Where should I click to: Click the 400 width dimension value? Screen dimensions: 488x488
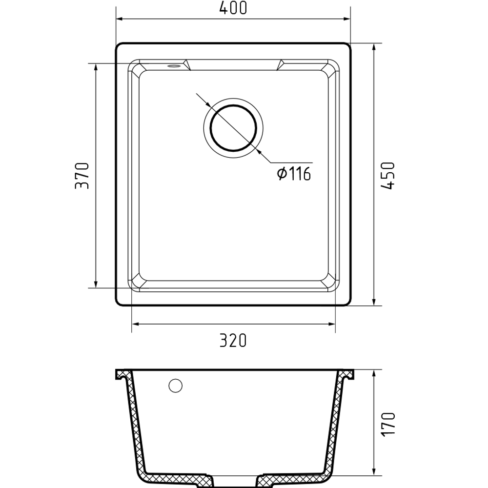(233, 8)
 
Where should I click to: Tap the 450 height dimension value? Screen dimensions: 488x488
(388, 176)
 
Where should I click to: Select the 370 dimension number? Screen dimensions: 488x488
(82, 176)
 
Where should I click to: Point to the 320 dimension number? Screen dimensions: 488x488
(233, 340)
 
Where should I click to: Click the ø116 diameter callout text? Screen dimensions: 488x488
(294, 174)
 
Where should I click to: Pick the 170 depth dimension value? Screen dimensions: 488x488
(388, 424)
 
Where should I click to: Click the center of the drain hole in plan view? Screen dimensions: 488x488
(233, 128)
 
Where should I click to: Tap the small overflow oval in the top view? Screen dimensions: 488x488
(174, 66)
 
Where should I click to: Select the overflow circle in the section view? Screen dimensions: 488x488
(176, 386)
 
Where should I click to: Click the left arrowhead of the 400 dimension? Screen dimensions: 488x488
(120, 19)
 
